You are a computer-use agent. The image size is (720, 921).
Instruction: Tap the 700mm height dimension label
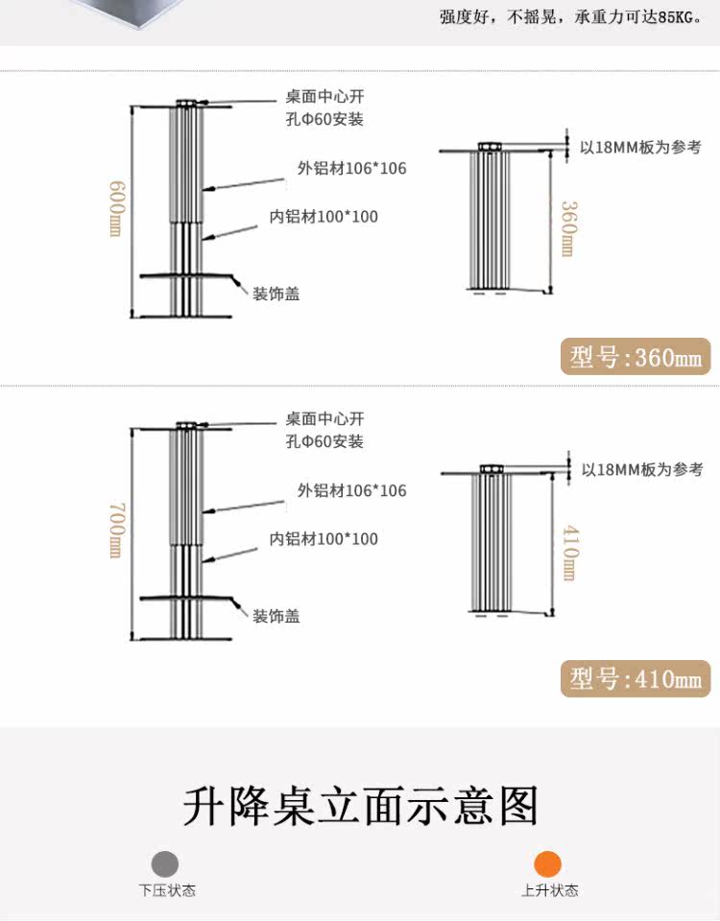coord(114,530)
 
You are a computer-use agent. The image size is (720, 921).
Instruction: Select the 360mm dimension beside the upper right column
coord(567,228)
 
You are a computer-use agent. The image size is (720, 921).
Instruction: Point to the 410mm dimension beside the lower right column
coord(567,552)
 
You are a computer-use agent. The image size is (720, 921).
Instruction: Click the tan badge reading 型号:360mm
coord(636,358)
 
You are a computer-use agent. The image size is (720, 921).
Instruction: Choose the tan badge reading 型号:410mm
coord(636,679)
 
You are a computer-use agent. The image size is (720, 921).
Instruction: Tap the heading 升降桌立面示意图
coord(360,806)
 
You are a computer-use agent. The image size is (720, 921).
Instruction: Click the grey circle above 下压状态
coord(165,863)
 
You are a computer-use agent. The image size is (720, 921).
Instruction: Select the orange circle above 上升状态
coord(548,863)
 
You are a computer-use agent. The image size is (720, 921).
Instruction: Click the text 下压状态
coord(166,891)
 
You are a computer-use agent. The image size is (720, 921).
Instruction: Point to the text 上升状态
coord(549,891)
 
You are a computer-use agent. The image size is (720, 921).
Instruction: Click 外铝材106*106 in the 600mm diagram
coord(351,169)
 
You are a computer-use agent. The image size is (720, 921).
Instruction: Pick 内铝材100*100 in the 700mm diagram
coord(324,539)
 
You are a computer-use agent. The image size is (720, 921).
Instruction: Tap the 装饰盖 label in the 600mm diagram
coord(276,294)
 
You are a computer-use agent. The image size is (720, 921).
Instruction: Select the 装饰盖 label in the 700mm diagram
coord(276,616)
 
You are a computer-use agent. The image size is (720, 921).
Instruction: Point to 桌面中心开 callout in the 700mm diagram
coord(324,419)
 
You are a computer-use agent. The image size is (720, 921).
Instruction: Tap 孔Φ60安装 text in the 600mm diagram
coord(324,120)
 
